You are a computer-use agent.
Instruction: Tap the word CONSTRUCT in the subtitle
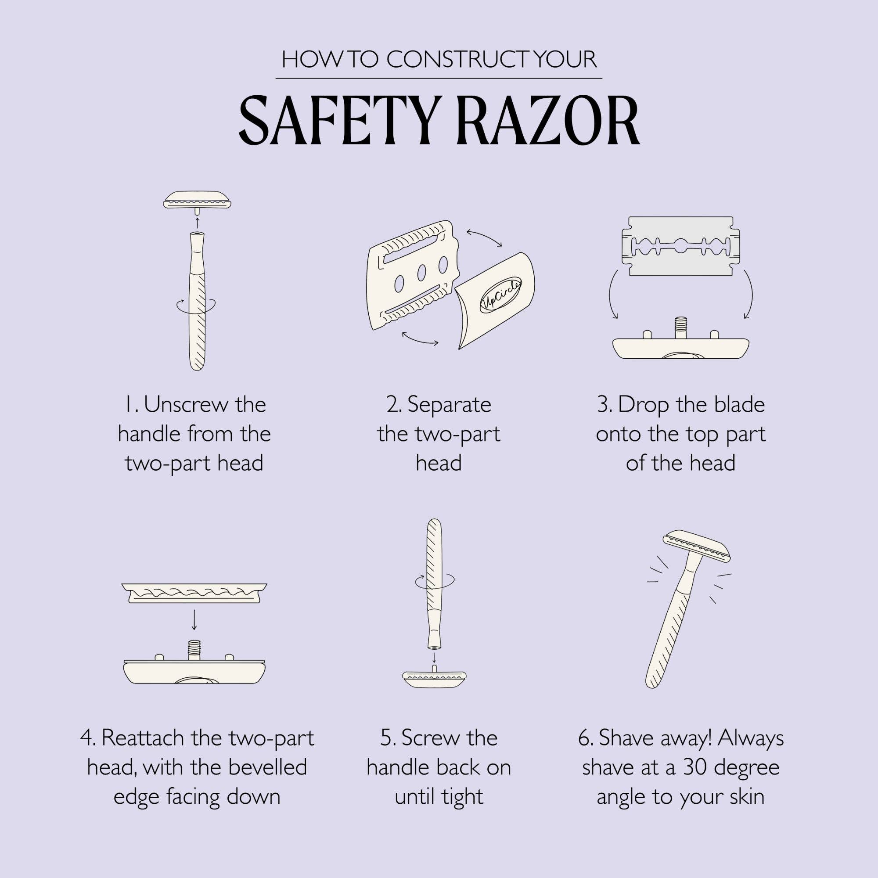(459, 60)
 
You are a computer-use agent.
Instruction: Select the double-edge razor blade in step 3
(680, 246)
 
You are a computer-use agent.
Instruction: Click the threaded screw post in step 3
(680, 326)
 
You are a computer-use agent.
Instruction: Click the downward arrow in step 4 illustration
(194, 619)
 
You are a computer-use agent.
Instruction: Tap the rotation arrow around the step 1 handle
(196, 305)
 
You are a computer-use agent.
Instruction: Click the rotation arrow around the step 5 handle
(434, 580)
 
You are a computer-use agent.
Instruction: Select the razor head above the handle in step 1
(197, 199)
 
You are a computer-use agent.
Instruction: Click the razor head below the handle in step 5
(434, 679)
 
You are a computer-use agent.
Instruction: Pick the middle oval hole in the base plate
(421, 272)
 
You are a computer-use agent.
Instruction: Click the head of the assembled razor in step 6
(696, 545)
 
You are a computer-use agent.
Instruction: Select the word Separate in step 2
(449, 404)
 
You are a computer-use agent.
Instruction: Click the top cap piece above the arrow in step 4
(194, 593)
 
